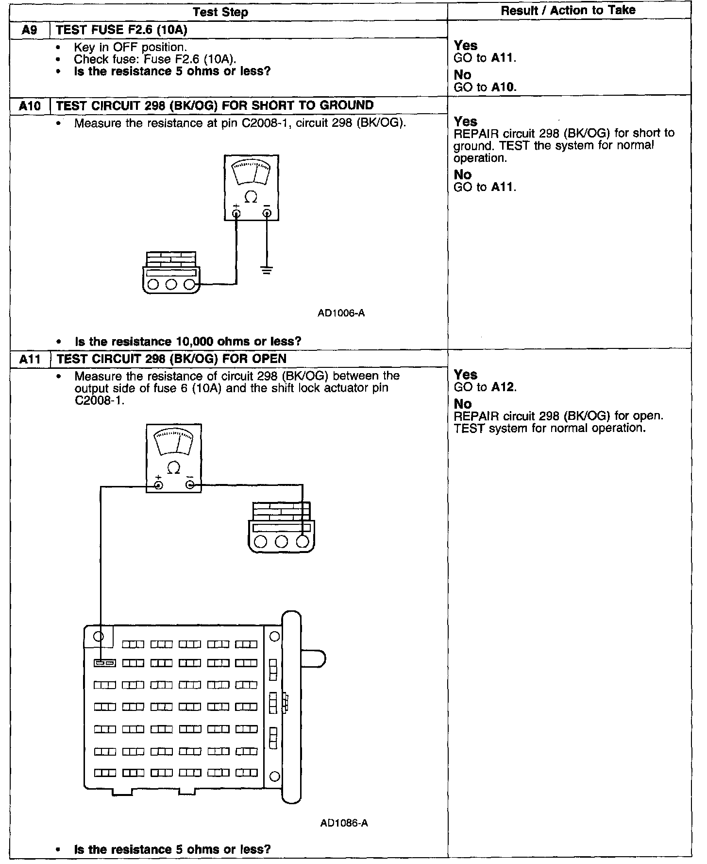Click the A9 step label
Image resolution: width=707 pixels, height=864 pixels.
click(29, 30)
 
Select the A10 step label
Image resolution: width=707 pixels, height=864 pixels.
click(29, 105)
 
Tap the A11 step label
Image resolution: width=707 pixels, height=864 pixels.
click(29, 359)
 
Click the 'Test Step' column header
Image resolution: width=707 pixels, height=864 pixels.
click(220, 12)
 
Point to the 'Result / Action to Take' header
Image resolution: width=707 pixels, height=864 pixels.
click(568, 10)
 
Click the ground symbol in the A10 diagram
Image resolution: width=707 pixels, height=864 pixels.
click(266, 270)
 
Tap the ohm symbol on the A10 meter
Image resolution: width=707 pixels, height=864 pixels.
click(251, 197)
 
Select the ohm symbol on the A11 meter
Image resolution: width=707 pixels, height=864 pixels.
click(173, 468)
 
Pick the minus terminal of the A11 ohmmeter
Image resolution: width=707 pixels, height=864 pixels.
click(190, 485)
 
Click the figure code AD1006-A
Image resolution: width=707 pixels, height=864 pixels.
click(341, 313)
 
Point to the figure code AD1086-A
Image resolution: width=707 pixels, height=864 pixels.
click(344, 823)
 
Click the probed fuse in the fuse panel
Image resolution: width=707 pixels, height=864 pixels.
click(104, 663)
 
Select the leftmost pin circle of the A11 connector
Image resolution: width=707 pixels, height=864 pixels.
click(261, 541)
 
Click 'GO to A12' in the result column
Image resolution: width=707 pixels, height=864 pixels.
click(485, 387)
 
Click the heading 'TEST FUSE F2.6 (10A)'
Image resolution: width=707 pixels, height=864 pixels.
click(122, 30)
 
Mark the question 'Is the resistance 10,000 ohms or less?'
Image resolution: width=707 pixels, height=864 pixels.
click(188, 341)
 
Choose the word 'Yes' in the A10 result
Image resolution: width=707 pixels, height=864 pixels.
click(465, 121)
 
